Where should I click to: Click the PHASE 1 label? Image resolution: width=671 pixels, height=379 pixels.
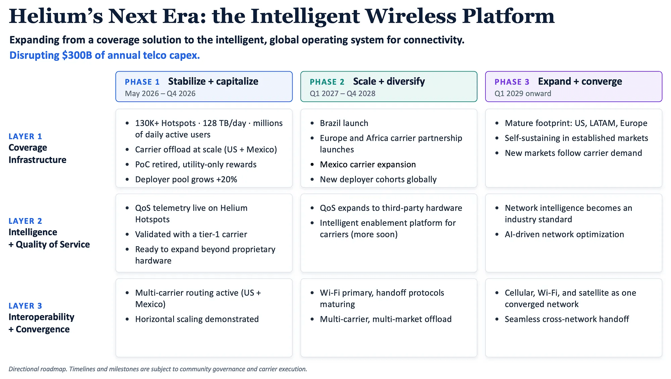point(142,82)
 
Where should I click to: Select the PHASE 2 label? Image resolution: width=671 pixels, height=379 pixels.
point(327,82)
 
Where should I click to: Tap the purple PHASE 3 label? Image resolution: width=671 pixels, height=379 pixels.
point(512,82)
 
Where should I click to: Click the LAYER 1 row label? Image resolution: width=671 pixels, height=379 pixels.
point(25,136)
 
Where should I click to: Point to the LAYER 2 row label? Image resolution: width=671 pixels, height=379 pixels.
point(25,221)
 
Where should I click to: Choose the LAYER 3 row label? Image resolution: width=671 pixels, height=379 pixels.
point(25,306)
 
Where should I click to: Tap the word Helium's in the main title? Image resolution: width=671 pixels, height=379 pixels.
point(56,16)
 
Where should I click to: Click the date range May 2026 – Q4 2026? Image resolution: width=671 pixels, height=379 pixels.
point(160,93)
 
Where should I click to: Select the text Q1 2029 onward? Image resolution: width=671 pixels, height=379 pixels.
point(523,93)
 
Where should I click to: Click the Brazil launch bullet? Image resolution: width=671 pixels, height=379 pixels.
point(344,123)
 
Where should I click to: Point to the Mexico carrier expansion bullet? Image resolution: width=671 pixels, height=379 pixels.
point(368,164)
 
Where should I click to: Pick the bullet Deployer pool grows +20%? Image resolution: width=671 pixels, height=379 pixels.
point(186,179)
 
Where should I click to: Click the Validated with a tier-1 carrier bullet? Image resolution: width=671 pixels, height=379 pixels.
point(191,234)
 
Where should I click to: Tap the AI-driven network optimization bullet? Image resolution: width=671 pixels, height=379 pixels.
point(564,234)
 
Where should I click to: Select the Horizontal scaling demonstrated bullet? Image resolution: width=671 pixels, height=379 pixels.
point(197,319)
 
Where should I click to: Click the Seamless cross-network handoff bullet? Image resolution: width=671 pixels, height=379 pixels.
point(567,319)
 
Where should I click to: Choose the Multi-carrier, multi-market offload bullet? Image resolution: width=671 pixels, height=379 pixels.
point(385,319)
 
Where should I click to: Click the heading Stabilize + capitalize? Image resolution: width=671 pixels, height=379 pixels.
point(213,82)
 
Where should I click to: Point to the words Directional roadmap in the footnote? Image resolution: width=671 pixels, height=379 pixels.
point(38,369)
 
